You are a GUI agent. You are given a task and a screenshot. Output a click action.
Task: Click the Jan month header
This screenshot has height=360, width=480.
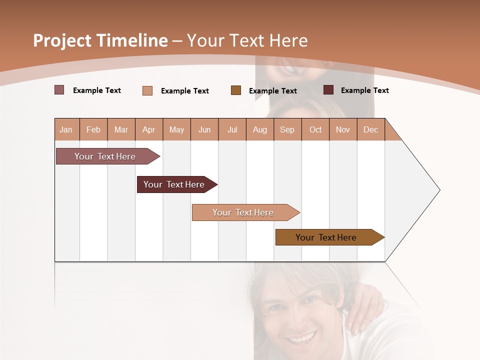point(66,130)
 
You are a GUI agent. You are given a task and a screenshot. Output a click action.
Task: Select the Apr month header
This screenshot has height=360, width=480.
point(148,130)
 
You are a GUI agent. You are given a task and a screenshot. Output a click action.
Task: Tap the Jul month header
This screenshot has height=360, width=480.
point(232,130)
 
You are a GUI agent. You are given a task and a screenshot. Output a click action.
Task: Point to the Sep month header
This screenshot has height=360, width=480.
point(287,130)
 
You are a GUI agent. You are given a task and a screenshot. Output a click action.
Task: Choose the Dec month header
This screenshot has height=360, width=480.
point(370,130)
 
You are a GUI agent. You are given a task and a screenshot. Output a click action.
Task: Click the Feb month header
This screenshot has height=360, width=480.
point(93,130)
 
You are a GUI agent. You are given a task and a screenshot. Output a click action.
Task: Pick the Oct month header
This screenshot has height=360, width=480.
point(315,130)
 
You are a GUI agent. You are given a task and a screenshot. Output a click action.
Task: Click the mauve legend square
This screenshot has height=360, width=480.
point(59,90)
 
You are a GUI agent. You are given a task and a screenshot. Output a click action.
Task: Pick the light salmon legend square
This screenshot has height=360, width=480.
point(147,90)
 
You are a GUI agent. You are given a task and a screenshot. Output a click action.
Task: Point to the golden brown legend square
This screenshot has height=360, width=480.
point(236,90)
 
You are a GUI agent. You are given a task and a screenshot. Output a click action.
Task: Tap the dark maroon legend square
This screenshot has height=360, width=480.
point(328,90)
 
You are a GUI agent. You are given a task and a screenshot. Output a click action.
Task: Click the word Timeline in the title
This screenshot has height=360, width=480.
point(132,40)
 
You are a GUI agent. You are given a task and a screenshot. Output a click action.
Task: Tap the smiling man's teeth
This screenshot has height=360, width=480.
point(301,339)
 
